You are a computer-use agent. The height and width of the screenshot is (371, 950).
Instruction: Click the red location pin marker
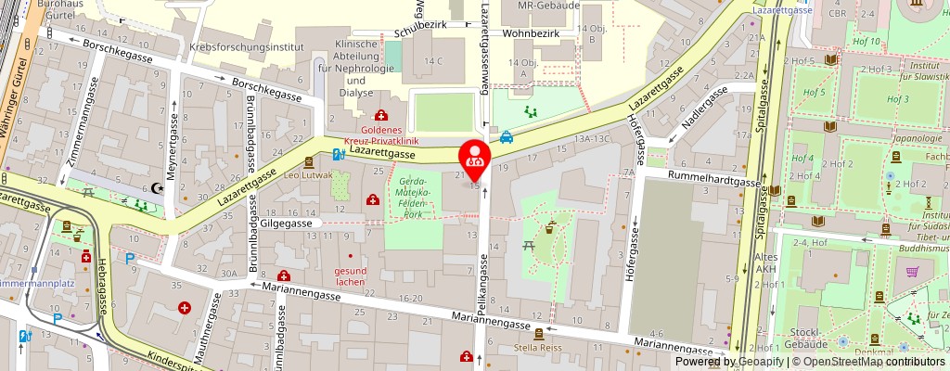pos(475,155)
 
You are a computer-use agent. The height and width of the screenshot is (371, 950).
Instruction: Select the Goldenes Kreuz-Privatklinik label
pos(381,135)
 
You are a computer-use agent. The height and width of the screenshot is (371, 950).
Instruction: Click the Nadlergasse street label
pos(702,110)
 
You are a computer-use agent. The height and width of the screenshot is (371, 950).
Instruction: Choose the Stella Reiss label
pos(537,349)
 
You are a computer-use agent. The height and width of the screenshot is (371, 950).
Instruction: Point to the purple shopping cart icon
pos(912,272)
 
